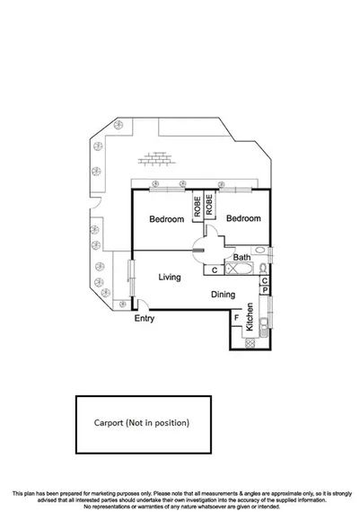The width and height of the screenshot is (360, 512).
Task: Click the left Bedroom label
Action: point(166,219)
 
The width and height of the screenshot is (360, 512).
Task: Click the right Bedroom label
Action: point(242,219)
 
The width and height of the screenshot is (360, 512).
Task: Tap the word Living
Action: point(171,278)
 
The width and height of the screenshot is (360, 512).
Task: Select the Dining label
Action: point(224,294)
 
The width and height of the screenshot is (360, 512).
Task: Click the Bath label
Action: point(241,258)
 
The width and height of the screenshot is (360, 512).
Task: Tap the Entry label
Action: point(144,319)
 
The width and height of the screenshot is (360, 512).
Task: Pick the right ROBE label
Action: point(209,203)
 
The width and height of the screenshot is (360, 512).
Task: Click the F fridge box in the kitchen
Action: point(236,317)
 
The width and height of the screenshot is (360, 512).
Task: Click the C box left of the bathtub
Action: point(215,269)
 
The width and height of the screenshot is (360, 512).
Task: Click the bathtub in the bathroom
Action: point(237,269)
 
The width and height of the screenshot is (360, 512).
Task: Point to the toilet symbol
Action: point(260,268)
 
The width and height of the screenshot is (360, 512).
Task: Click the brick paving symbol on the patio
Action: point(155,159)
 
